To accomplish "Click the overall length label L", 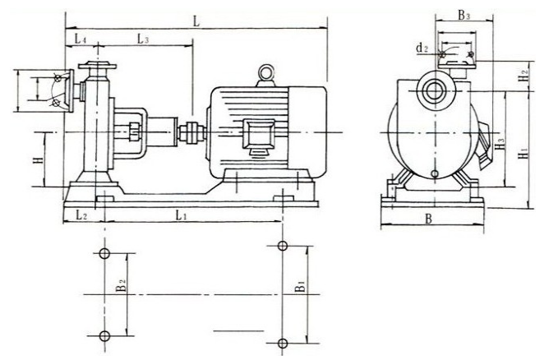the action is pos(196,21).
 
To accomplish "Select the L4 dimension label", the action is pos(81,39).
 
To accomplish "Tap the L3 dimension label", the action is pos(143,39).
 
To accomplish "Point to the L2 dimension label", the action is pos(81,215).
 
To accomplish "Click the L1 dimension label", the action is pos(181,215).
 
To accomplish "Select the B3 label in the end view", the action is pos(464,15).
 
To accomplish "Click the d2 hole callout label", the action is pos(422,48).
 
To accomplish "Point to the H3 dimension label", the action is pos(501,143).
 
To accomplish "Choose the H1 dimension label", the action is pos(524,153).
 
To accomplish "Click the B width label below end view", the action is pos(429,219).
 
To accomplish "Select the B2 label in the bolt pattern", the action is pos(121,285).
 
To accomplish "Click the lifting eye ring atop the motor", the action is pos(265,73).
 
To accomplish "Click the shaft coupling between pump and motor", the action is pos(191,132).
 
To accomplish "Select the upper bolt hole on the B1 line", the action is pos(283,246).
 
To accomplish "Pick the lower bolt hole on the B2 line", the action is pos(104,336).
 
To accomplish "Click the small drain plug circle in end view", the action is pos(435,173).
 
